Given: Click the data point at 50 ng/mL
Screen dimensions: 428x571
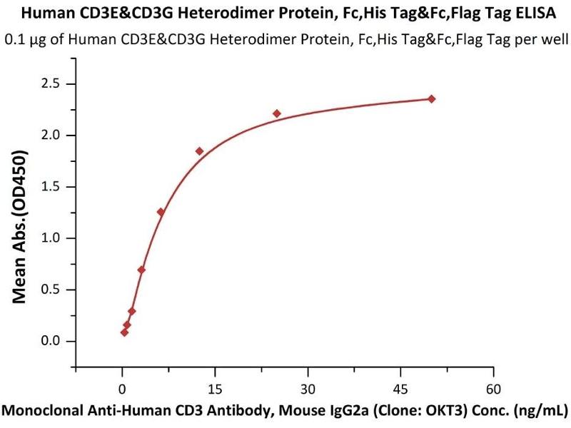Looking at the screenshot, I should coord(431,98).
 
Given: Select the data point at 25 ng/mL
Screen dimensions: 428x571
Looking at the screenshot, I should coord(277,113).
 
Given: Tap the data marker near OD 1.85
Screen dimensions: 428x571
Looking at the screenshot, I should coord(199,151).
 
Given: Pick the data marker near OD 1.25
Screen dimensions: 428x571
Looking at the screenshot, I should coord(161,212).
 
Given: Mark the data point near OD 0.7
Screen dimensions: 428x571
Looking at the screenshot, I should coord(141,270).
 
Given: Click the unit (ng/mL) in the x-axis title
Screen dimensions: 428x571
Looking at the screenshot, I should coord(537,411).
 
